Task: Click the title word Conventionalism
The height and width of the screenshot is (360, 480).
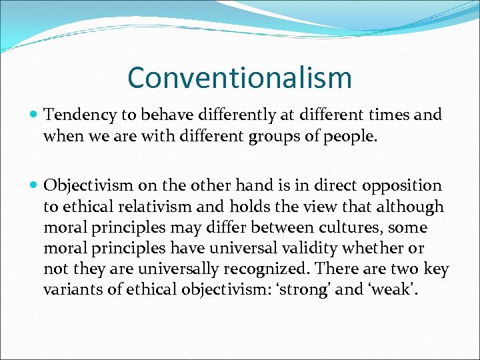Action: click(x=239, y=77)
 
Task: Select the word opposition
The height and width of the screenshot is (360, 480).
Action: click(x=406, y=186)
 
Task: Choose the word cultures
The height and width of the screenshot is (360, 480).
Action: click(x=328, y=228)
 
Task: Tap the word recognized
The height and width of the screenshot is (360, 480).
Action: click(x=270, y=269)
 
